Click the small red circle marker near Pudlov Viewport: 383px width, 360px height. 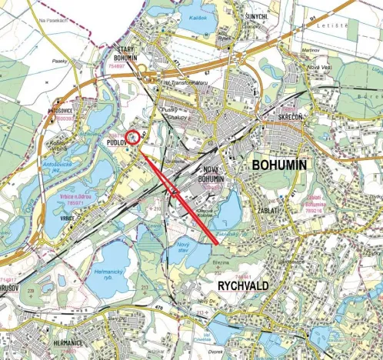point(132,138)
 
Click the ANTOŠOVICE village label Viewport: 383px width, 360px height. point(60,111)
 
